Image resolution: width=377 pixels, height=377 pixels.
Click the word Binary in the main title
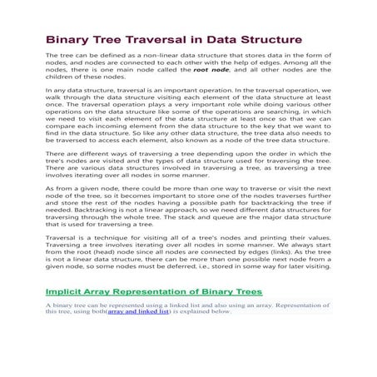[x=67, y=40]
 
